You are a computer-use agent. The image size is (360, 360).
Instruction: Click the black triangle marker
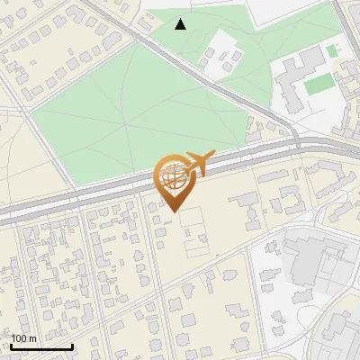181,24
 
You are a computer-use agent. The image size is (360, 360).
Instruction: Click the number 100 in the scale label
19,338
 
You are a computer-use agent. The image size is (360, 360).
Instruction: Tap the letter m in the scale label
33,338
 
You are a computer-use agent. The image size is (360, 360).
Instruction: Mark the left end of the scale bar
11,346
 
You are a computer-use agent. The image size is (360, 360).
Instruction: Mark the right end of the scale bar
72,346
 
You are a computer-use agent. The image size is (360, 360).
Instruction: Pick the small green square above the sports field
332,50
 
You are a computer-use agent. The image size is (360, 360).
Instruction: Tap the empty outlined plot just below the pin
193,232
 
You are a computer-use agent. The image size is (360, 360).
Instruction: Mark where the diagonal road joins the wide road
292,139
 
